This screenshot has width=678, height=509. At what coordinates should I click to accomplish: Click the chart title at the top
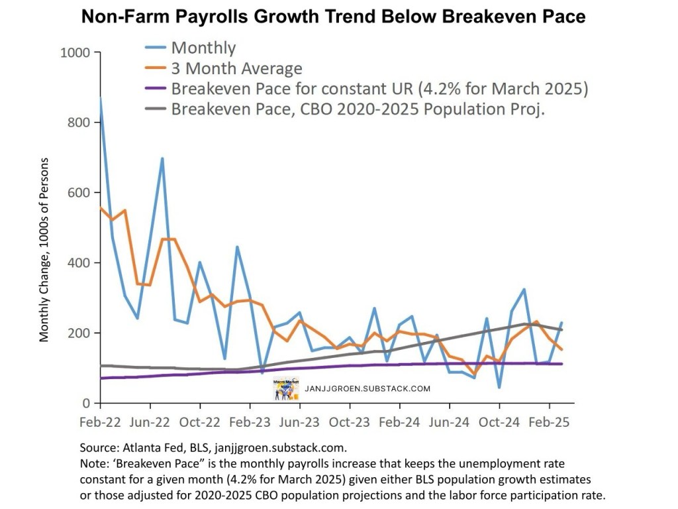tap(333, 17)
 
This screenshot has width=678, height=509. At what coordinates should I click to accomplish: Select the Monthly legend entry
tap(203, 48)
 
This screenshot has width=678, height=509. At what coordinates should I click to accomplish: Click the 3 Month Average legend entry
tap(236, 68)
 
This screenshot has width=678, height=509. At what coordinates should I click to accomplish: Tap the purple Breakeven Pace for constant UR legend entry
tap(379, 89)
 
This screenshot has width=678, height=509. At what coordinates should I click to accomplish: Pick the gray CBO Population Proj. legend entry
tap(358, 109)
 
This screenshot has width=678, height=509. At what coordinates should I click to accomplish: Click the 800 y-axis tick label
tap(77, 123)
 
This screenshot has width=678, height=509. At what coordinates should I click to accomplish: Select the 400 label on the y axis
tap(77, 263)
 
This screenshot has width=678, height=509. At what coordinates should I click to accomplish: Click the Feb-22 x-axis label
tap(100, 422)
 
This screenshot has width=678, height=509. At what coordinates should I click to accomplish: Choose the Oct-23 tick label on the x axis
tap(350, 422)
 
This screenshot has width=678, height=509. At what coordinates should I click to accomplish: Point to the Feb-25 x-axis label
tap(549, 422)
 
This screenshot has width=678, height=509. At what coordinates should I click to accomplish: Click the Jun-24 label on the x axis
tap(449, 422)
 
